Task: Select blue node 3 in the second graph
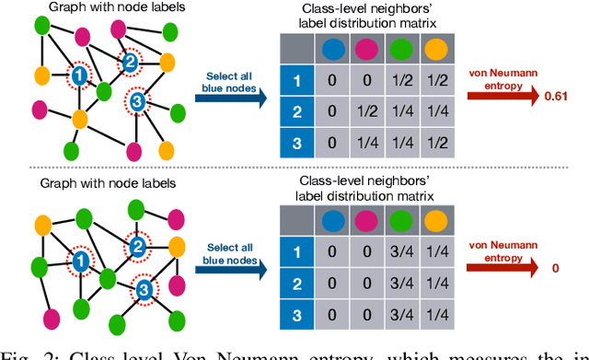142,292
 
